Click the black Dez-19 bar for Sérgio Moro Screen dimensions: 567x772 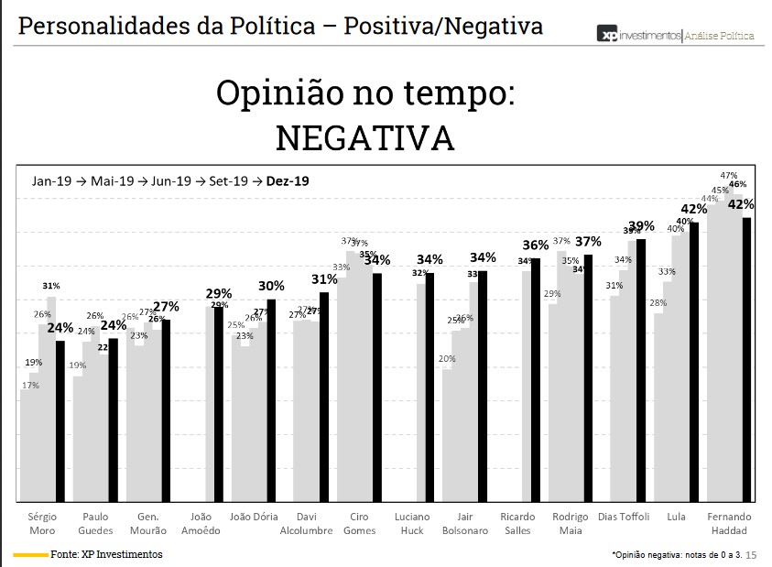(60, 421)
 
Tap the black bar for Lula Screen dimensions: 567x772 (694, 362)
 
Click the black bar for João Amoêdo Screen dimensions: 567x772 (218, 404)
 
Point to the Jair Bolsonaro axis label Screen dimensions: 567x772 (465, 524)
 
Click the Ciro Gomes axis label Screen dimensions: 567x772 (360, 524)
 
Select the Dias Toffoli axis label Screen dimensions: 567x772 (624, 518)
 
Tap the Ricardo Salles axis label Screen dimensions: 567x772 (517, 524)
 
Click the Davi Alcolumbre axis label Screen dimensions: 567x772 (307, 524)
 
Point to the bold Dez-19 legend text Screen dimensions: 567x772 (288, 181)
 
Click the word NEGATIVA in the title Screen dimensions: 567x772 (364, 137)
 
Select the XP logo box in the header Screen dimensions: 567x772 (607, 35)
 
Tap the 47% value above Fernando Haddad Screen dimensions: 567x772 (729, 175)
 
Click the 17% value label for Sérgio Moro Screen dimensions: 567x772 (30, 386)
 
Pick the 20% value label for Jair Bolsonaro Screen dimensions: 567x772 (447, 359)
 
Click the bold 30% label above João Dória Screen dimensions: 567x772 (271, 286)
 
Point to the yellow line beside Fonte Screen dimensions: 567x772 (30, 554)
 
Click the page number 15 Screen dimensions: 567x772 (752, 555)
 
